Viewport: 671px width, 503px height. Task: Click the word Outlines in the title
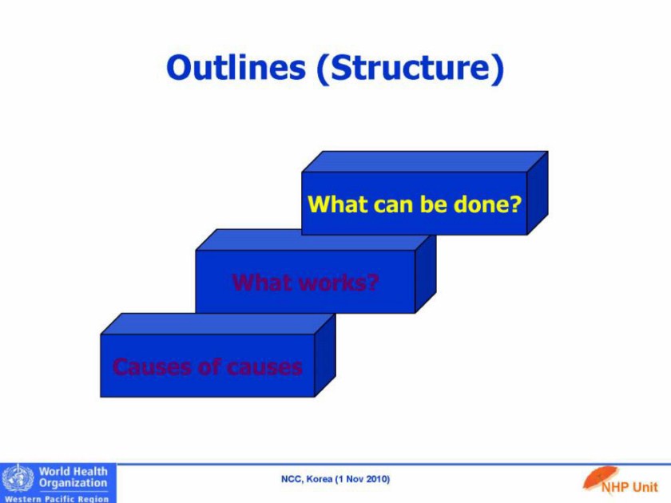(x=236, y=67)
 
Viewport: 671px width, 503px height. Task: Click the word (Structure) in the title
(x=411, y=69)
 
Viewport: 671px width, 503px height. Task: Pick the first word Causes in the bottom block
(x=152, y=367)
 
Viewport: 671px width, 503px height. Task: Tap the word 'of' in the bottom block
(x=209, y=367)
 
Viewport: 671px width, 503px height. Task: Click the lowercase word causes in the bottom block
(x=264, y=368)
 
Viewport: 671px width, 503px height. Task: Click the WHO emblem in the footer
(x=18, y=478)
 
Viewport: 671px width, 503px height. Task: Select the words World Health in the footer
(x=73, y=471)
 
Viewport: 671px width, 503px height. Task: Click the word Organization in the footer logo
(x=73, y=483)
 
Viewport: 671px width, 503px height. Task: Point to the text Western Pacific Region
(x=57, y=499)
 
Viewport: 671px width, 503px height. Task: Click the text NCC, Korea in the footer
(x=307, y=479)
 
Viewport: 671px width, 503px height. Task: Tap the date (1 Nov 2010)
(x=363, y=479)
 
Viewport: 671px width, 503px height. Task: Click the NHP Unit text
(x=629, y=487)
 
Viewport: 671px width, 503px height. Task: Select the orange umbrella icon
(x=601, y=477)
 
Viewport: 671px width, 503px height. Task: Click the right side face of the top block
(x=538, y=193)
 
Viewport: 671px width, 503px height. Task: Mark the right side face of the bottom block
(x=325, y=355)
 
